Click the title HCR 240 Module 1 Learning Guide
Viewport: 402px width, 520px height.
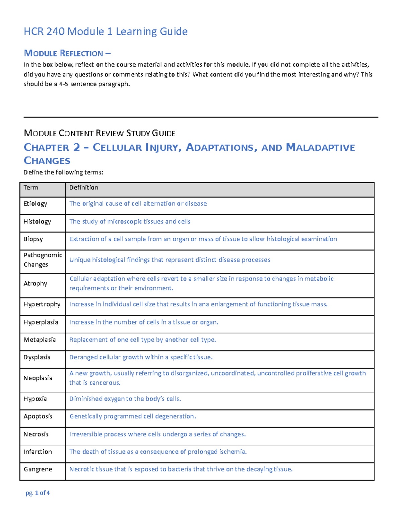point(106,31)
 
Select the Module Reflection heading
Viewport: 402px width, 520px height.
point(67,53)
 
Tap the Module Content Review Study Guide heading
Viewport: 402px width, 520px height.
point(99,133)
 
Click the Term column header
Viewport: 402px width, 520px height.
point(31,188)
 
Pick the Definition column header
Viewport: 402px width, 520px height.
point(84,188)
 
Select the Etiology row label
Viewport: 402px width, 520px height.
point(35,204)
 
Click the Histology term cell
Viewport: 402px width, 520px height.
point(37,222)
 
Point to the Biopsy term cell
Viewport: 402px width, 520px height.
point(33,239)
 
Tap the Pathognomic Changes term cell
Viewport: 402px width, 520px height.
point(43,260)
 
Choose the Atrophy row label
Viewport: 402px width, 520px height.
point(35,284)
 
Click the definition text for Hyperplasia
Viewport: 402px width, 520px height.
point(144,322)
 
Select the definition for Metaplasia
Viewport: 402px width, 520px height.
point(142,340)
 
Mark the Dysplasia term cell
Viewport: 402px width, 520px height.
point(37,357)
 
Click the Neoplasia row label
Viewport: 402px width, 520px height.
point(38,378)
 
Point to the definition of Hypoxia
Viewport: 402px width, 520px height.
point(125,399)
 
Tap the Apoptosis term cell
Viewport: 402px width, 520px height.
point(38,416)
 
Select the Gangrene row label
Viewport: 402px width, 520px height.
point(38,469)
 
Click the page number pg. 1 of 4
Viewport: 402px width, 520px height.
point(38,493)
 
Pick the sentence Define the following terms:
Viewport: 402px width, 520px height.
point(63,172)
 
